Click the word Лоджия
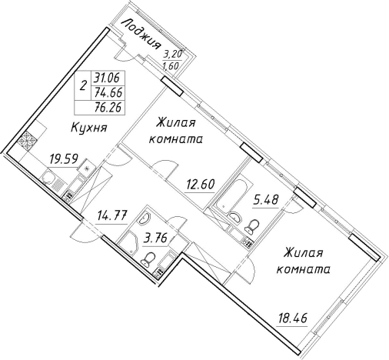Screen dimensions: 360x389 141,32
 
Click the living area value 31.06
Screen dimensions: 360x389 108,76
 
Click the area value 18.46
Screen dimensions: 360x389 295,316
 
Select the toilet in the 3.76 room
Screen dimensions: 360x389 151,258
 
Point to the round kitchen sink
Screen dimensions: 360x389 50,182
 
